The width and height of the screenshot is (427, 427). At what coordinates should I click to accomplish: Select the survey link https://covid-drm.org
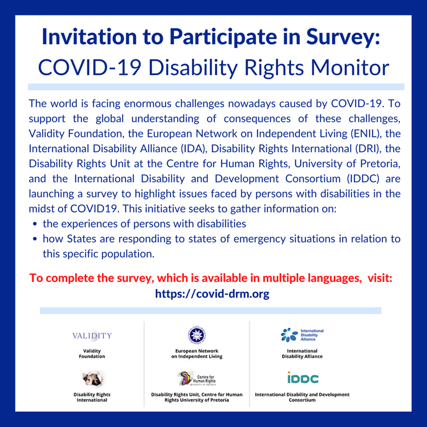click(212, 294)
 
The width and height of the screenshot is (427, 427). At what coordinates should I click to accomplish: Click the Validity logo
click(92, 335)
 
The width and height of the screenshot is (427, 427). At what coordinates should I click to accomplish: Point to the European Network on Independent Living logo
click(197, 335)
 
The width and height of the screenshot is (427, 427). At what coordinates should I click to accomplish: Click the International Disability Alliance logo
click(302, 334)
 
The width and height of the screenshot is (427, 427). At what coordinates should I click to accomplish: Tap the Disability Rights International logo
click(93, 378)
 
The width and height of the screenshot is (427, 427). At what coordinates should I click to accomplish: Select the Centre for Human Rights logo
click(197, 378)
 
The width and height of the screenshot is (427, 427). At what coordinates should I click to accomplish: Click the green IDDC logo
click(303, 377)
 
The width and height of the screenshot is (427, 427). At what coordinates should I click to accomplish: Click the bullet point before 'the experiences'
click(35, 224)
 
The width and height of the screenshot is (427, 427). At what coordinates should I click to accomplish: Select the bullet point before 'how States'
click(35, 239)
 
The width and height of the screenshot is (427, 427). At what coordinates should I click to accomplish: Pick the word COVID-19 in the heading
click(89, 67)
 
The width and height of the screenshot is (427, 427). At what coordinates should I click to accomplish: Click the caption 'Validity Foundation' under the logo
click(92, 353)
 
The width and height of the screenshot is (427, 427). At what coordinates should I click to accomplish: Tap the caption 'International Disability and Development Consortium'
click(302, 397)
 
